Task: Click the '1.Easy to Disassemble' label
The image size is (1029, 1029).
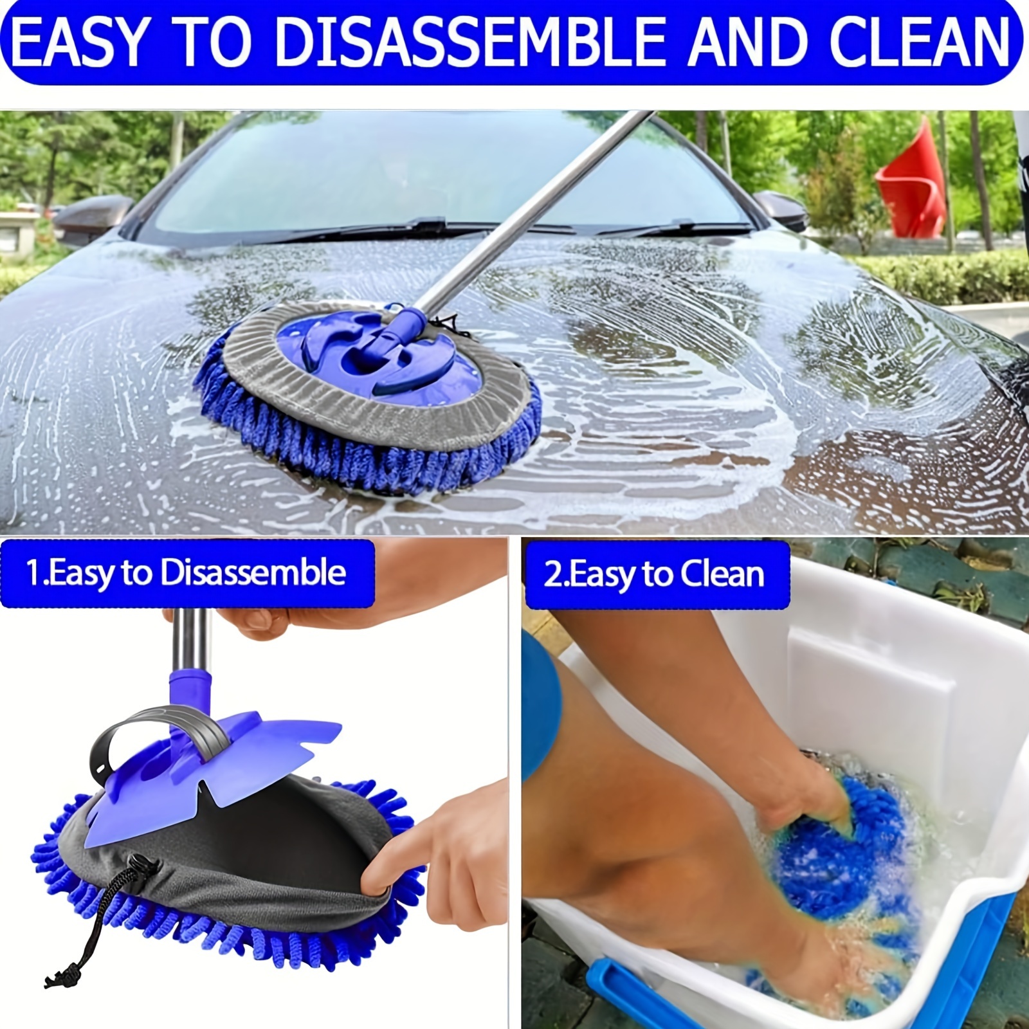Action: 186,573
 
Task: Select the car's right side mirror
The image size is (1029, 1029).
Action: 781,209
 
